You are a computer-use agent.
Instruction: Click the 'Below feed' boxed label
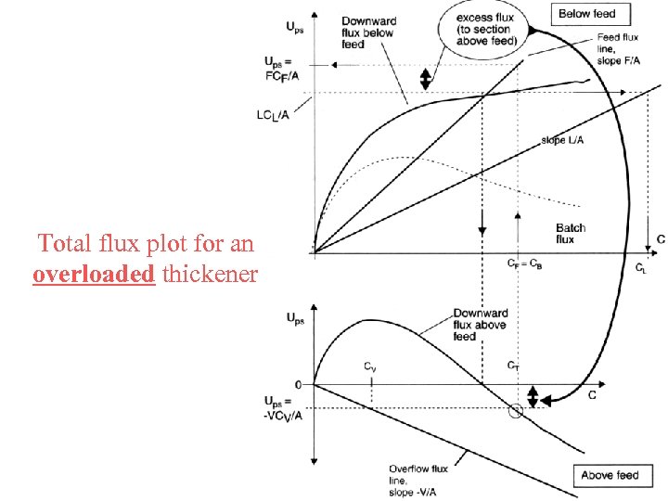pos(587,14)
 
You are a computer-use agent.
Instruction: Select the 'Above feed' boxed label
pos(610,475)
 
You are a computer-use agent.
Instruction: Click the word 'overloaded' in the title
pos(94,275)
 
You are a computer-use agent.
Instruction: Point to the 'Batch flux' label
pos(571,234)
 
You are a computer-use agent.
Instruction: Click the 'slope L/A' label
pos(563,141)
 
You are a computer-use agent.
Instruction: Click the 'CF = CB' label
pos(524,263)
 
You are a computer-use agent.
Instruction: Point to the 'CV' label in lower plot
pos(369,366)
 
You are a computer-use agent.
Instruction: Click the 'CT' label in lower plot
pos(512,366)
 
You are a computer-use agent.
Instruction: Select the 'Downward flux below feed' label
pos(367,32)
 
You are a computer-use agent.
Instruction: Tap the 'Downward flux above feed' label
pos(480,325)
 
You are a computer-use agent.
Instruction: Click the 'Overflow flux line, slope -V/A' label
pos(417,482)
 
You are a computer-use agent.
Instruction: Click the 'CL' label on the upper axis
pos(641,268)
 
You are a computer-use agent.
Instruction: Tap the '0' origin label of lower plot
pos(298,384)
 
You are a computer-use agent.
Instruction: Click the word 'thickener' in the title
pos(210,275)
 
